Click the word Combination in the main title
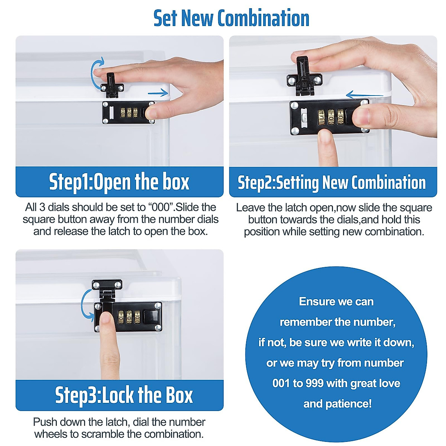(x=264, y=19)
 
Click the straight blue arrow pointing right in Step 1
(x=158, y=93)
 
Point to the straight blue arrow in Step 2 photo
(x=365, y=95)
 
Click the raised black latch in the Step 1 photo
(x=112, y=85)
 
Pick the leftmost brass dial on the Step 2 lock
(x=321, y=117)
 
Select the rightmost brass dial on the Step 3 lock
(x=137, y=317)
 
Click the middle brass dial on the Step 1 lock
(x=129, y=113)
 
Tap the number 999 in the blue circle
(x=314, y=383)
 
